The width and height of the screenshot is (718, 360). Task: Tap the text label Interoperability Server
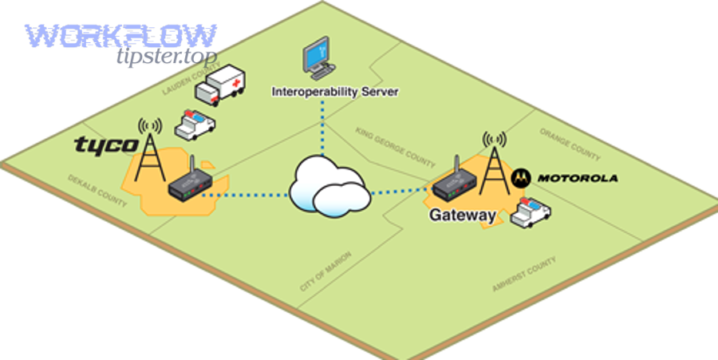coord(334,92)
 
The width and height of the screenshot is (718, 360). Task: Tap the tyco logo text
coord(105,144)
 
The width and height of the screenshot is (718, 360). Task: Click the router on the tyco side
coord(189,185)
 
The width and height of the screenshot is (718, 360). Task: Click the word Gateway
coord(463,216)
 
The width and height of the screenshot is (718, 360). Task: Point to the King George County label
coord(396,144)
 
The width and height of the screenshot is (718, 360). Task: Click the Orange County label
coord(570,142)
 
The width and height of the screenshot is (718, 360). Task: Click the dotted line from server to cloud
coord(323,128)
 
